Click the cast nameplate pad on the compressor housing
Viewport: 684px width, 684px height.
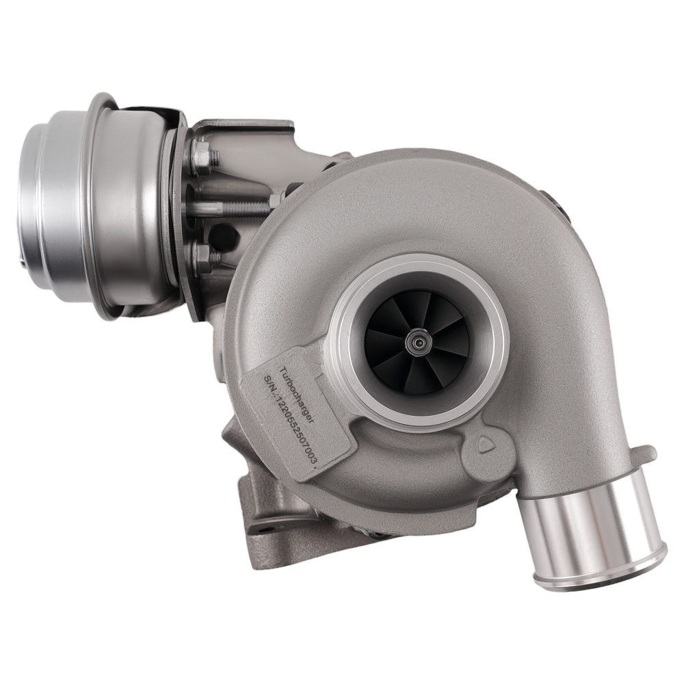pyautogui.click(x=301, y=410)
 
